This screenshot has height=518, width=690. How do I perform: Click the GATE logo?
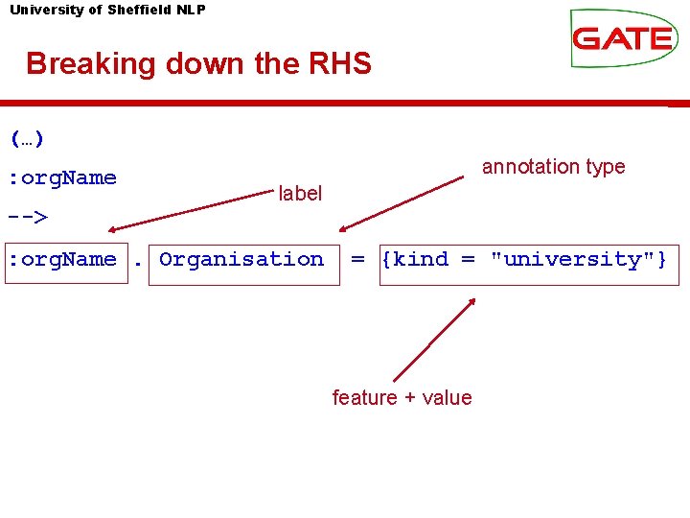point(622,37)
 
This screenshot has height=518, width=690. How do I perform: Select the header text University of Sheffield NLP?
point(106,10)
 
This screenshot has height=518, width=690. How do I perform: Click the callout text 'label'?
point(300,193)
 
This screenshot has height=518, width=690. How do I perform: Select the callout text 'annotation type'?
point(553,167)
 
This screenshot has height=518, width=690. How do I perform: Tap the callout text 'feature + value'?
point(402,397)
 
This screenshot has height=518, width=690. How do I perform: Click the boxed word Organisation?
point(241,259)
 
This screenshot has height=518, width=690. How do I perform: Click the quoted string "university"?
point(572,259)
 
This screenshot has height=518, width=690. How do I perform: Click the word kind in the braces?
point(421,259)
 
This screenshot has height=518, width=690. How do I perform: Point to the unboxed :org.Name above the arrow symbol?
point(63,177)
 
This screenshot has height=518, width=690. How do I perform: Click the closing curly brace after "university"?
point(662,259)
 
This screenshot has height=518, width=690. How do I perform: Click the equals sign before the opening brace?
point(357,259)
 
